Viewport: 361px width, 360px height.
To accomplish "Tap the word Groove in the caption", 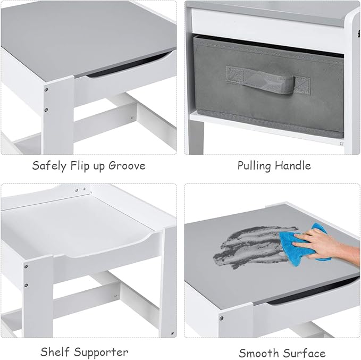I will point(127,165).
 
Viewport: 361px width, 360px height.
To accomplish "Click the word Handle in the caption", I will point(293,165).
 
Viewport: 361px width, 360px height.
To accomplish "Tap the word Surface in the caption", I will point(305,353).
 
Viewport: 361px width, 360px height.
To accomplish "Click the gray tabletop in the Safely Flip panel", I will point(80,32).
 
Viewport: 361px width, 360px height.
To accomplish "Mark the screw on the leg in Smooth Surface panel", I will point(221,318).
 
